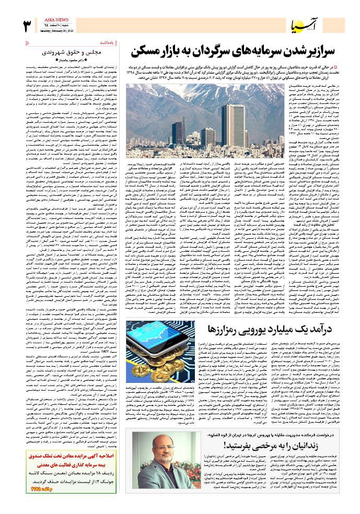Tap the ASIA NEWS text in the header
click(x=55, y=18)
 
